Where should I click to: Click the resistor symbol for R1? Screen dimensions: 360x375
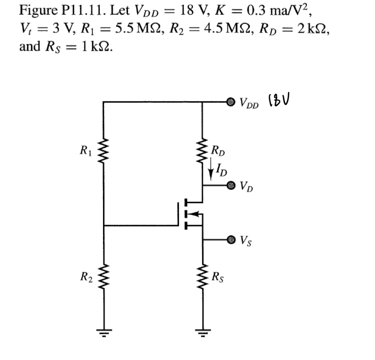click(104, 151)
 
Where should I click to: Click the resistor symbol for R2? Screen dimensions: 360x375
click(104, 279)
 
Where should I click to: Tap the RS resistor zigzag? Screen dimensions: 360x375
click(202, 279)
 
